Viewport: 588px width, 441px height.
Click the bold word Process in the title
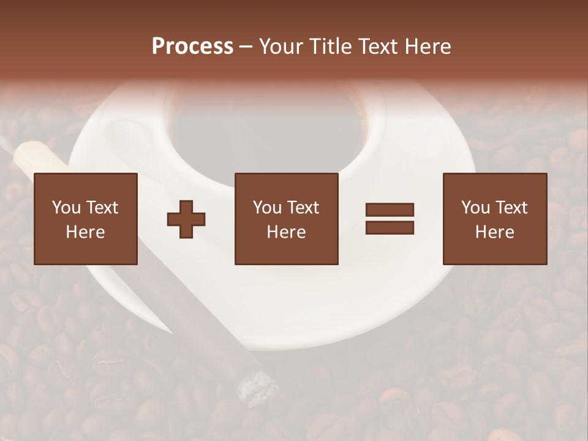(x=192, y=47)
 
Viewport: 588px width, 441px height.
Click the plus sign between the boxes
(x=186, y=219)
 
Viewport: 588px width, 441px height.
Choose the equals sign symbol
(x=390, y=219)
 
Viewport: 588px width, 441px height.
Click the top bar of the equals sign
(x=390, y=210)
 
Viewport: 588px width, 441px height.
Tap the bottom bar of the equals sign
(x=390, y=227)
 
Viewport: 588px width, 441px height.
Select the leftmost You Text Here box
(x=86, y=219)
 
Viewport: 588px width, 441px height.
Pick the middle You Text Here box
(x=286, y=219)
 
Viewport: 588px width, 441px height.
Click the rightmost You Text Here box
(x=494, y=219)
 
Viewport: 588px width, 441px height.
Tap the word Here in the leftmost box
(x=86, y=232)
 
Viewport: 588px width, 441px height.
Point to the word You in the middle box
(x=267, y=208)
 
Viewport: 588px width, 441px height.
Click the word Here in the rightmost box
(x=494, y=232)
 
